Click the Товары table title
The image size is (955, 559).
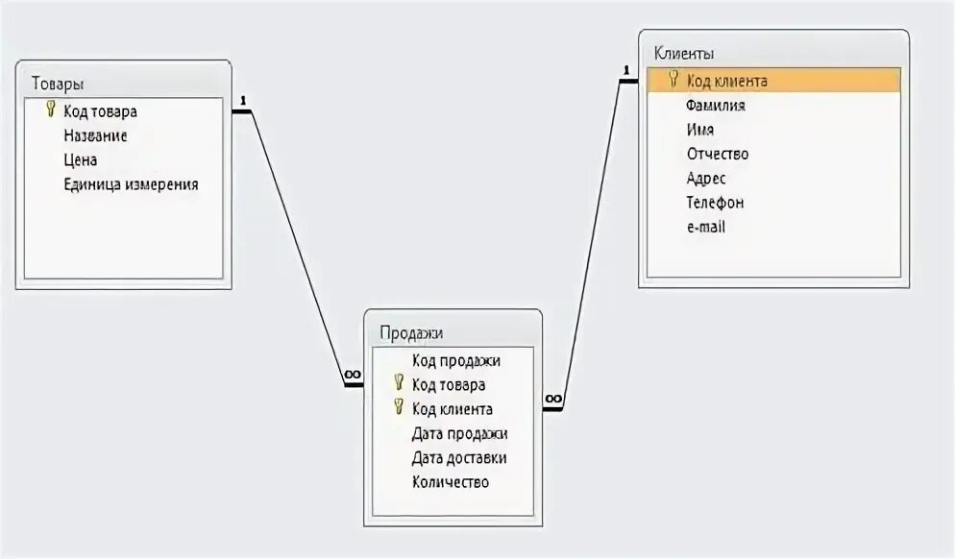57,83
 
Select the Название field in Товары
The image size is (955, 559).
95,135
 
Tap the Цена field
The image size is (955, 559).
80,159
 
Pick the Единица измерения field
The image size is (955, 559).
131,183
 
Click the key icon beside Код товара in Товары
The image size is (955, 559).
51,110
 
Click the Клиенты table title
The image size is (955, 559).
683,54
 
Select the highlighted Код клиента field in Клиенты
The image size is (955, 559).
726,81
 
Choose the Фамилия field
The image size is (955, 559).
716,105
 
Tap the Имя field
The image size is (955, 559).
699,129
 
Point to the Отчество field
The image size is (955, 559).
717,154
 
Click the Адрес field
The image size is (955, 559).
705,178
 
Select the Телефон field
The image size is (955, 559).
715,203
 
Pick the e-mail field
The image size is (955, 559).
705,227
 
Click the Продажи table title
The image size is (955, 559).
411,332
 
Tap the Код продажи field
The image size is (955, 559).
455,360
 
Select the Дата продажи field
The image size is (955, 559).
459,433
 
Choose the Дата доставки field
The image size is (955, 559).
458,458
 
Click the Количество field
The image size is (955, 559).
450,482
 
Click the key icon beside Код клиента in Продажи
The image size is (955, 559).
399,407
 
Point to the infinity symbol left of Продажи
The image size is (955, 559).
353,375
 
